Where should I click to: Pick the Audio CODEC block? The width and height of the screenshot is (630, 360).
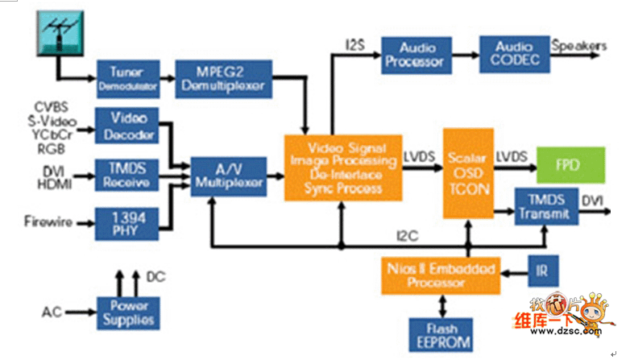pos(514,54)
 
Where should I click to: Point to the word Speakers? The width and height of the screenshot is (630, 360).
pos(578,46)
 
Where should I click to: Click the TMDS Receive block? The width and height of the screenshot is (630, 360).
pos(127,174)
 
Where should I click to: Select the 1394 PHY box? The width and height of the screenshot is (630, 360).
pos(127,223)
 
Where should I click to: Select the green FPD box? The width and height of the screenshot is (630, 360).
pos(570,165)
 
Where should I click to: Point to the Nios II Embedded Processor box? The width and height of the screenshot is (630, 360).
pos(440,274)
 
